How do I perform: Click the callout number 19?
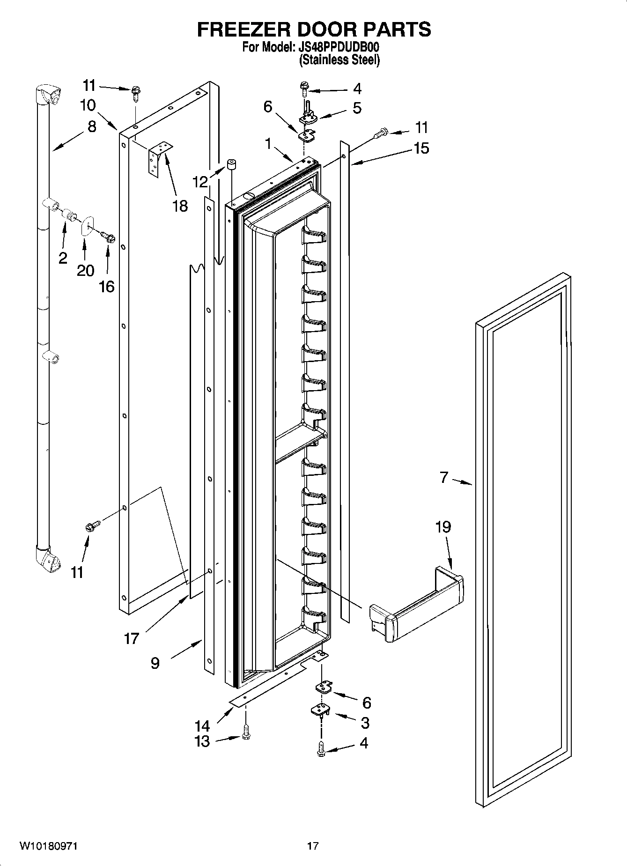click(x=443, y=527)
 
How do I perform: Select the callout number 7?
click(x=444, y=478)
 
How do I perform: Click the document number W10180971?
click(x=48, y=846)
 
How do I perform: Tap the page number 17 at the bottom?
click(x=313, y=846)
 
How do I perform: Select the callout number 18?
click(x=180, y=206)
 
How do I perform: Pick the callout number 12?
click(x=200, y=182)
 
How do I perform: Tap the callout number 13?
click(x=202, y=741)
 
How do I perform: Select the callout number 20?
click(x=85, y=270)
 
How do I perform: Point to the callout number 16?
click(x=107, y=286)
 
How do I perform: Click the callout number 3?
click(x=365, y=723)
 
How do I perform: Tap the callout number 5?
click(x=357, y=108)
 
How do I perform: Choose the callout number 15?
click(x=421, y=148)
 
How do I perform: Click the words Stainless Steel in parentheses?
click(x=339, y=60)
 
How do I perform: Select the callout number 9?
click(x=155, y=663)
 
